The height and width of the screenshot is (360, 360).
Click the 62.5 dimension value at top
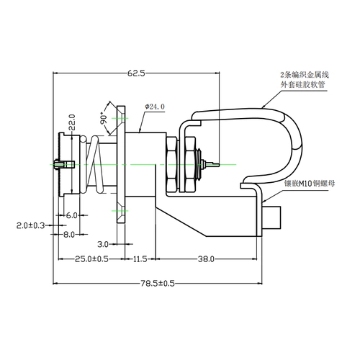(136, 73)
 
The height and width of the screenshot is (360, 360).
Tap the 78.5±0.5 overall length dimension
(158, 284)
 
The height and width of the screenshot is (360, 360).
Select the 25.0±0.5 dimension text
(91, 259)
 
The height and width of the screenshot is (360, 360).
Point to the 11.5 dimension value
(140, 259)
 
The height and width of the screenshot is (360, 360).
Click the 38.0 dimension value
(206, 259)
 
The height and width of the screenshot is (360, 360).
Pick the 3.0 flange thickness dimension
(103, 244)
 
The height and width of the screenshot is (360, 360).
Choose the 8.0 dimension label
(69, 235)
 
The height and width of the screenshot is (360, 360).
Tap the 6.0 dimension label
(71, 215)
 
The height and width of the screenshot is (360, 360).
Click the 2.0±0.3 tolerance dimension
(30, 225)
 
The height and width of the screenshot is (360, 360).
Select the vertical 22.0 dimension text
(72, 122)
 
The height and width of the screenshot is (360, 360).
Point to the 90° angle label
(104, 118)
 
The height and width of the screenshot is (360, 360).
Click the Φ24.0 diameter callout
(155, 107)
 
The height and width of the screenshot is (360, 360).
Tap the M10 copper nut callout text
(310, 184)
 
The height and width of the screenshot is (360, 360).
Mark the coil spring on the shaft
(93, 165)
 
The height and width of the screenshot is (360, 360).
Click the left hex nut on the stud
(172, 165)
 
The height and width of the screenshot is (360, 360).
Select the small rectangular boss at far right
(271, 217)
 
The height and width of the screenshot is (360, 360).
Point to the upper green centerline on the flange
(120, 118)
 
